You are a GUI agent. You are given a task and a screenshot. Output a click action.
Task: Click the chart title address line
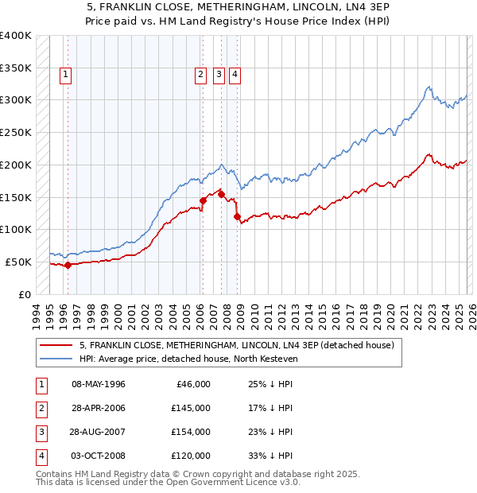pyautogui.click(x=238, y=7)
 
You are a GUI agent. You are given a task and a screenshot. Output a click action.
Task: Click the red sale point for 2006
pyautogui.click(x=203, y=200)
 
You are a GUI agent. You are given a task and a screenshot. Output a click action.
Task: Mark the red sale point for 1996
pyautogui.click(x=68, y=265)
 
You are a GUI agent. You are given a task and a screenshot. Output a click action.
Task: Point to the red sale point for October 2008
pyautogui.click(x=237, y=216)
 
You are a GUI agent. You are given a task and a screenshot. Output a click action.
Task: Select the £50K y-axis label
pyautogui.click(x=18, y=262)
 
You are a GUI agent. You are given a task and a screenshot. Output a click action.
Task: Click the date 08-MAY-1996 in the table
pyautogui.click(x=99, y=384)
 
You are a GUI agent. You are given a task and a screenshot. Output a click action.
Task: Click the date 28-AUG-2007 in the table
pyautogui.click(x=99, y=432)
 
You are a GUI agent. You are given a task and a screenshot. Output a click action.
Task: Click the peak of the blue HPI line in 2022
pyautogui.click(x=429, y=87)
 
